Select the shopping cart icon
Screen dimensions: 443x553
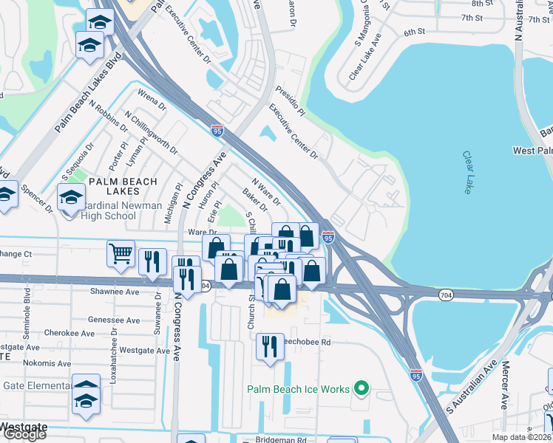(x=121, y=255)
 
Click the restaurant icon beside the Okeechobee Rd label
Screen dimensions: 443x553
(x=268, y=347)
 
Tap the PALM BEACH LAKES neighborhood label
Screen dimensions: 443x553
(x=123, y=186)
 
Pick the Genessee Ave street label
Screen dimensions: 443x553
(x=114, y=320)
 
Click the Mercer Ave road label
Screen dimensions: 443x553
(x=505, y=384)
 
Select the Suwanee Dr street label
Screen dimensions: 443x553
(x=158, y=312)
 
